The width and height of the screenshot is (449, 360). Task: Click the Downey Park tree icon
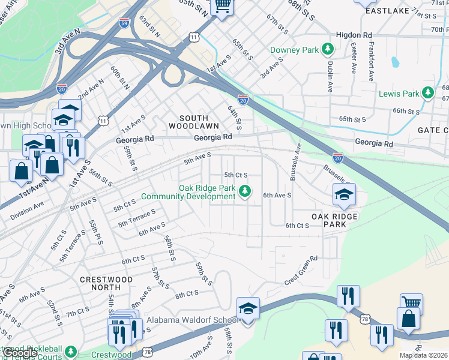pyautogui.click(x=328, y=49)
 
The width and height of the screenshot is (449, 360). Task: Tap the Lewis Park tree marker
pyautogui.click(x=428, y=93)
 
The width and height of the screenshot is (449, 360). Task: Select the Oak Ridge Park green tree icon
pyautogui.click(x=244, y=191)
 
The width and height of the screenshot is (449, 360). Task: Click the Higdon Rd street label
pyautogui.click(x=354, y=35)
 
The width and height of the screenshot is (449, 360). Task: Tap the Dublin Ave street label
pyautogui.click(x=330, y=76)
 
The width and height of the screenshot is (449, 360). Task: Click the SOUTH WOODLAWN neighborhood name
pyautogui.click(x=188, y=122)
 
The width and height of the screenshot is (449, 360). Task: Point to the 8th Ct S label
pyautogui.click(x=187, y=294)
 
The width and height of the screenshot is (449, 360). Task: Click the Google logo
pyautogui.click(x=20, y=353)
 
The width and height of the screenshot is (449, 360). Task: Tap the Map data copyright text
pyautogui.click(x=423, y=355)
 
